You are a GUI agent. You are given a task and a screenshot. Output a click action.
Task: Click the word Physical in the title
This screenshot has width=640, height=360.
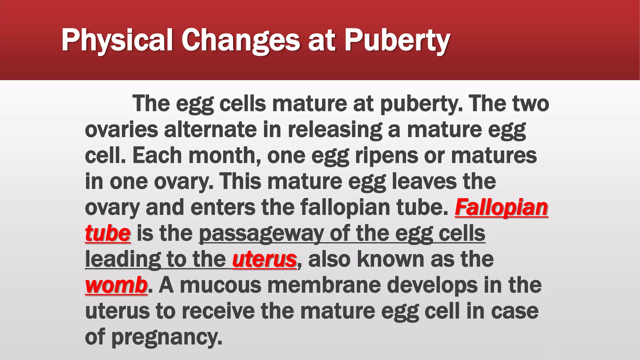click(117, 40)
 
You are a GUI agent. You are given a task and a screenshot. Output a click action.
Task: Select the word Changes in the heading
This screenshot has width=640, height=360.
click(241, 40)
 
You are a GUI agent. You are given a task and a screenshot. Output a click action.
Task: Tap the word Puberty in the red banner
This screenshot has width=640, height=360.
click(397, 40)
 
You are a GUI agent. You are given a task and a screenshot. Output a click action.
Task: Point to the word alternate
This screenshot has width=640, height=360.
click(210, 129)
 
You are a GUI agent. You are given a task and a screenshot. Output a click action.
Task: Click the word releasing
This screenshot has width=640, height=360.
click(335, 129)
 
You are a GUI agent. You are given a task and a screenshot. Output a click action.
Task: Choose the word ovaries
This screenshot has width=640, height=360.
click(122, 129)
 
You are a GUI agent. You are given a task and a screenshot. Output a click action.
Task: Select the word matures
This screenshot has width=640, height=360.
click(494, 155)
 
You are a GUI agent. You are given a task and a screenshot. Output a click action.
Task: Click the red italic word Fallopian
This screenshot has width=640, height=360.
click(501, 207)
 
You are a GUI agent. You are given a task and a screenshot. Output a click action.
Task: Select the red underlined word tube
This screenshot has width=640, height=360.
click(107, 233)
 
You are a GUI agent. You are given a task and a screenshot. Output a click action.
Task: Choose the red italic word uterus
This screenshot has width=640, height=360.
click(264, 259)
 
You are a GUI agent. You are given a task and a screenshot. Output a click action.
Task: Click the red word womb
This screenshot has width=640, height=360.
click(116, 285)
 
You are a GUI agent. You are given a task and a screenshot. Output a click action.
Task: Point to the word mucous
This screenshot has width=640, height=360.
click(221, 285)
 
